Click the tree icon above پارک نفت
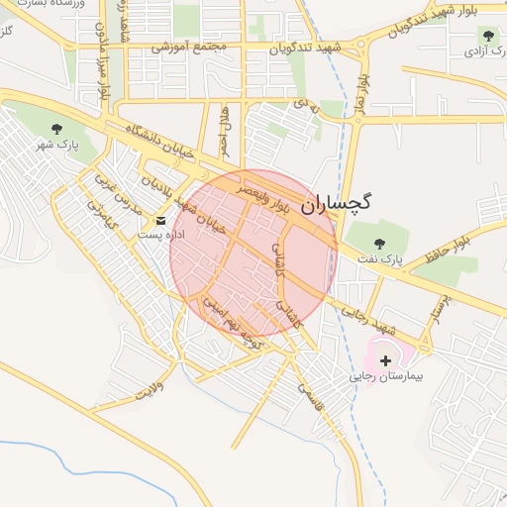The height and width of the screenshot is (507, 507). click(377, 242)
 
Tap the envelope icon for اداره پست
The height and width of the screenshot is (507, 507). click(161, 220)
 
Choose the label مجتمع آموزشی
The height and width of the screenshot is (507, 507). click(190, 47)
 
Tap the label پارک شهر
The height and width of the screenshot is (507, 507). click(55, 147)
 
